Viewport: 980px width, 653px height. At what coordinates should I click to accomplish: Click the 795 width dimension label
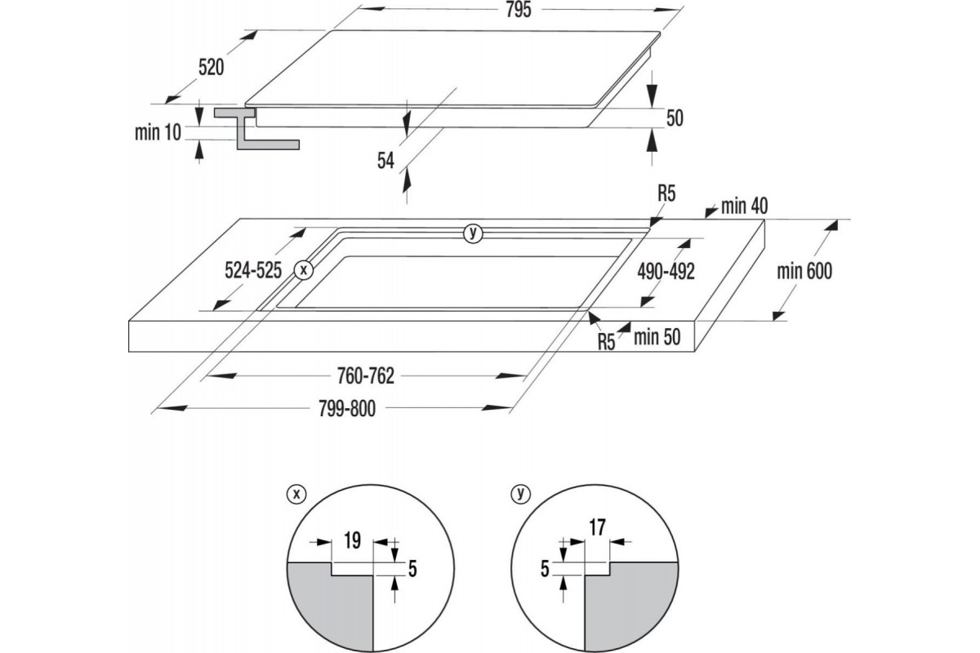[519, 10]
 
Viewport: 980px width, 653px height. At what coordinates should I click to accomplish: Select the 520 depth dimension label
[211, 68]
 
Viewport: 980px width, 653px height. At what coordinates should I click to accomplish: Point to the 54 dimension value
[386, 161]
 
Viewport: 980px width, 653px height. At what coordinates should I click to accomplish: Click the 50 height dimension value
[674, 118]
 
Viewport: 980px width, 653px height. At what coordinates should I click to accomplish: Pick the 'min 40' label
[746, 206]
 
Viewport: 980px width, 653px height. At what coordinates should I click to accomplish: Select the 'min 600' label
[804, 271]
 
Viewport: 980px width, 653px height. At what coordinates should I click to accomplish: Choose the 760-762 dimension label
[365, 375]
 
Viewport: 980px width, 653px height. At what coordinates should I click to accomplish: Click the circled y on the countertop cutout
[472, 233]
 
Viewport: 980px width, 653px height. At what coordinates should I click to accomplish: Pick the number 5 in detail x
[412, 569]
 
